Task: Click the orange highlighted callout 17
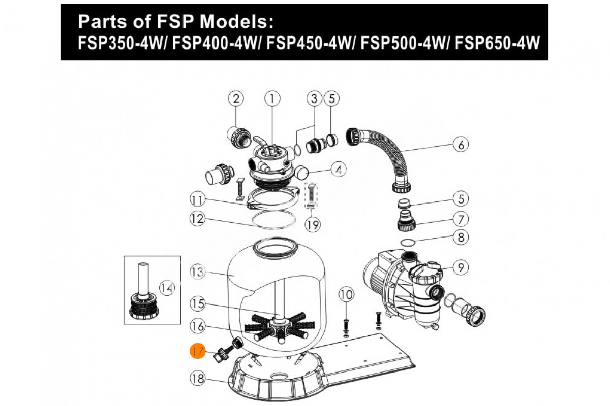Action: pos(197,351)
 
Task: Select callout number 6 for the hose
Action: pos(461,145)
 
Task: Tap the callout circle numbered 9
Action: pos(461,267)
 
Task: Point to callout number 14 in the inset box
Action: pos(167,288)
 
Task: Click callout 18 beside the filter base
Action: pos(197,378)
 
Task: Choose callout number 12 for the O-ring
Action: pos(197,218)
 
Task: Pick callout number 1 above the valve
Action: pos(272,98)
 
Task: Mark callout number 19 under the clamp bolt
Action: pos(312,225)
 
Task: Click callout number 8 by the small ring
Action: pos(461,237)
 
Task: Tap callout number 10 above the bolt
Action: pos(346,294)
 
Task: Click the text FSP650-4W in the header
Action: pos(497,43)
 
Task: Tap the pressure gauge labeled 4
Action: pos(301,173)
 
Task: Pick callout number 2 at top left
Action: pos(236,98)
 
